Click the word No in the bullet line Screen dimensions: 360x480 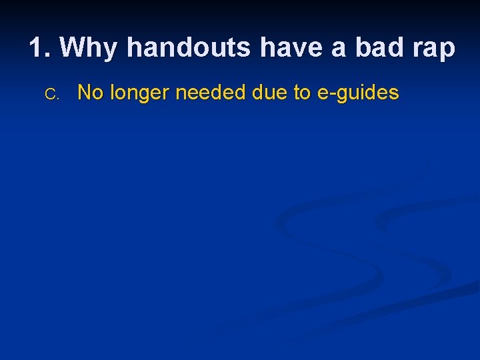coord(91,93)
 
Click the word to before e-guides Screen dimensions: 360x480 coord(302,93)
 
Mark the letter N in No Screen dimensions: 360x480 coord(85,93)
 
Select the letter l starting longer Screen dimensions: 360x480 coord(111,93)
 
